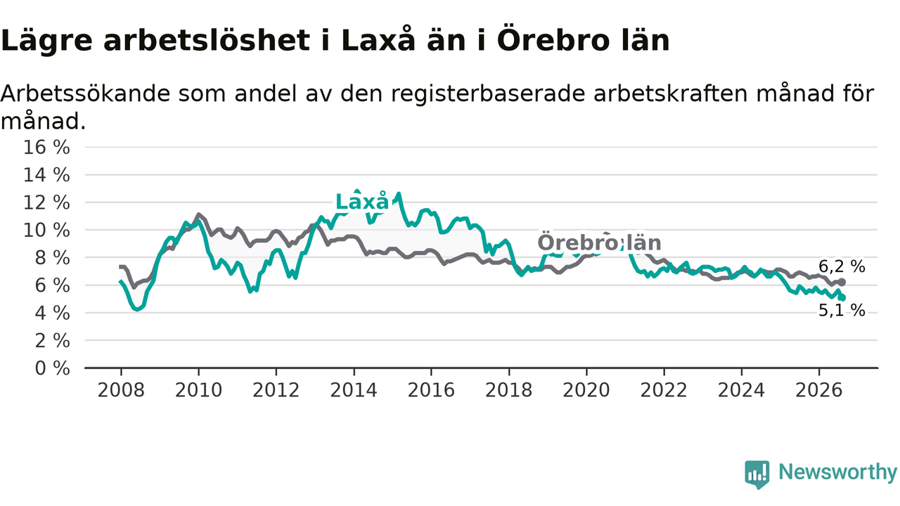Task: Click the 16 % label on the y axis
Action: pos(46,148)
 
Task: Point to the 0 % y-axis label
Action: pos(52,368)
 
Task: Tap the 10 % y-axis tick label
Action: pos(46,231)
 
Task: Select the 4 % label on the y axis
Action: pos(52,313)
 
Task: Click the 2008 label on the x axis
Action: pos(121,390)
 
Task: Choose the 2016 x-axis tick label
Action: pos(431,390)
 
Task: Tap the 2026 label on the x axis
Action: pos(819,390)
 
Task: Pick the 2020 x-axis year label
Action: pos(586,390)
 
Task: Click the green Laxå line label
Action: pos(362,201)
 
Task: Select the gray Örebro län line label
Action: pos(599,242)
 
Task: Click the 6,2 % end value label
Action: pos(842,266)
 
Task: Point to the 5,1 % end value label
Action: pos(842,310)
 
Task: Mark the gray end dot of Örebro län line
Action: pos(842,283)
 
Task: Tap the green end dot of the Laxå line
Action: pos(842,297)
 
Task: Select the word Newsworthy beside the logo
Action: pos(837,472)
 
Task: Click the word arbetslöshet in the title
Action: pos(207,41)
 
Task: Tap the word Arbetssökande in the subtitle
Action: pos(86,94)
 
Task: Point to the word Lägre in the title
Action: pos(46,41)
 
